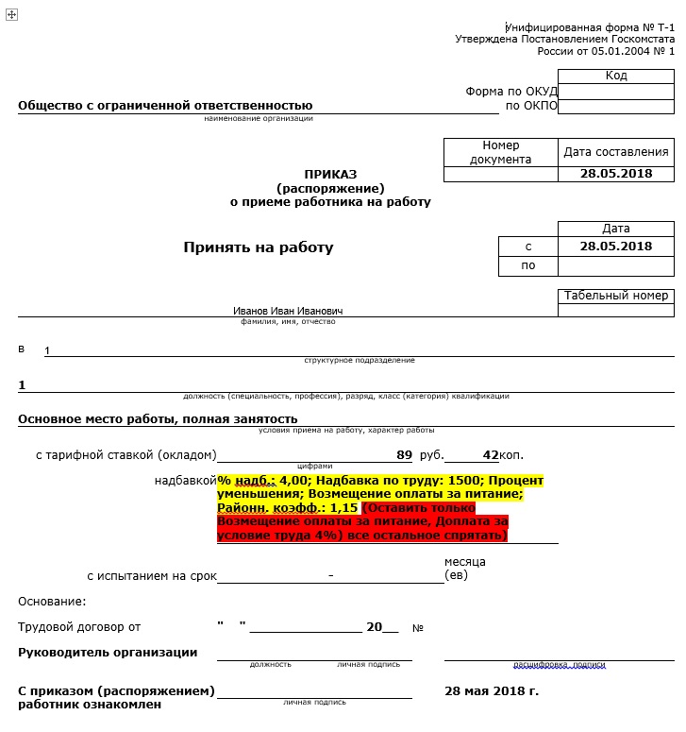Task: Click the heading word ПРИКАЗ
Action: pos(330,174)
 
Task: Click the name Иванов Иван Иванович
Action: pos(289,311)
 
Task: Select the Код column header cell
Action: pos(616,76)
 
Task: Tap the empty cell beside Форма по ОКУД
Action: pos(616,92)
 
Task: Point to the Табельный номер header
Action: pos(616,296)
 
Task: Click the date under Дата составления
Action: pos(616,174)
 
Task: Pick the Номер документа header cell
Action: pos(501,152)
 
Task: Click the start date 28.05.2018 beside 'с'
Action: pos(616,247)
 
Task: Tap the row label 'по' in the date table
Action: pos(528,265)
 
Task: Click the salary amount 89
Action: pos(405,454)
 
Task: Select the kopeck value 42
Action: pos(489,454)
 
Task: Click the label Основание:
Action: pos(52,601)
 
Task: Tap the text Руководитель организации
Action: pos(108,652)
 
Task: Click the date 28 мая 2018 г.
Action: pos(492,691)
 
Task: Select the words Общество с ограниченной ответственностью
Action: pos(165,106)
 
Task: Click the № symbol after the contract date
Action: pos(418,627)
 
